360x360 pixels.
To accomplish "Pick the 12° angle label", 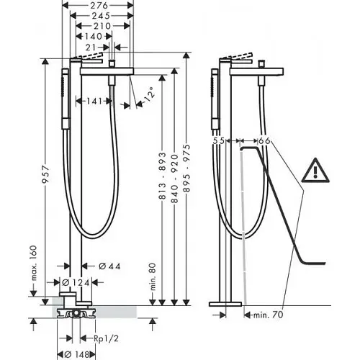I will (147, 94).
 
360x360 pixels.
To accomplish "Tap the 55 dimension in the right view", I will (220, 142).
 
